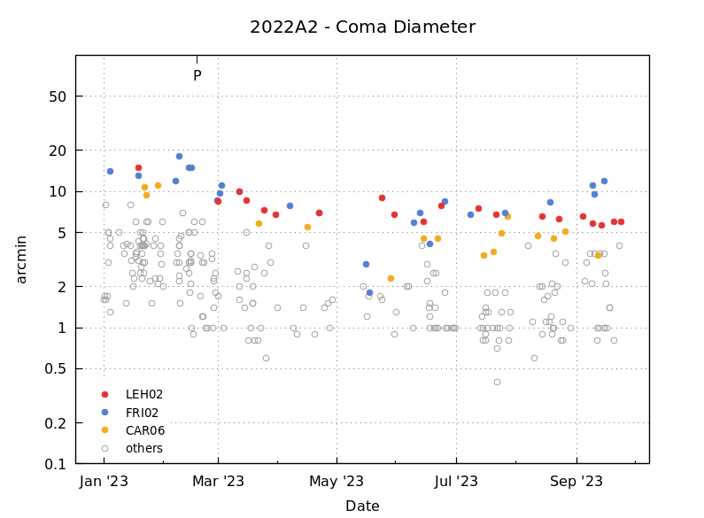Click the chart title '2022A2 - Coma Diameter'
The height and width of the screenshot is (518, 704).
click(362, 27)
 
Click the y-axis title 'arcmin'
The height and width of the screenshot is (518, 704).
click(22, 259)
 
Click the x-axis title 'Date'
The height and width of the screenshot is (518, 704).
click(362, 506)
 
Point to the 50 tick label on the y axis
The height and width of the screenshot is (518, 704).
click(58, 97)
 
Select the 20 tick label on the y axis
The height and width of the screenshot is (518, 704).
click(58, 151)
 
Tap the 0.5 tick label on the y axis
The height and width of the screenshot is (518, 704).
click(55, 369)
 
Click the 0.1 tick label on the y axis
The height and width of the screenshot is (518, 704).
click(55, 464)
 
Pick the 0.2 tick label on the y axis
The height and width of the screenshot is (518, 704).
click(55, 423)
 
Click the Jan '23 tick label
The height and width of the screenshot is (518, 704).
click(104, 482)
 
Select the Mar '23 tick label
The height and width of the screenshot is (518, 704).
click(218, 482)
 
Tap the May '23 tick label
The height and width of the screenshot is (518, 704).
click(337, 482)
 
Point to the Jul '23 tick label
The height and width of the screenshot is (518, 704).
click(456, 482)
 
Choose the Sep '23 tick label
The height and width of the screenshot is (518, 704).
click(576, 482)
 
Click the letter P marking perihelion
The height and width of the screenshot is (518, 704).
click(197, 76)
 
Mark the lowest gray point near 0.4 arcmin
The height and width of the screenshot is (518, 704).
click(497, 382)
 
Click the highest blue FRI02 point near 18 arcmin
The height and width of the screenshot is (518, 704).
click(179, 156)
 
